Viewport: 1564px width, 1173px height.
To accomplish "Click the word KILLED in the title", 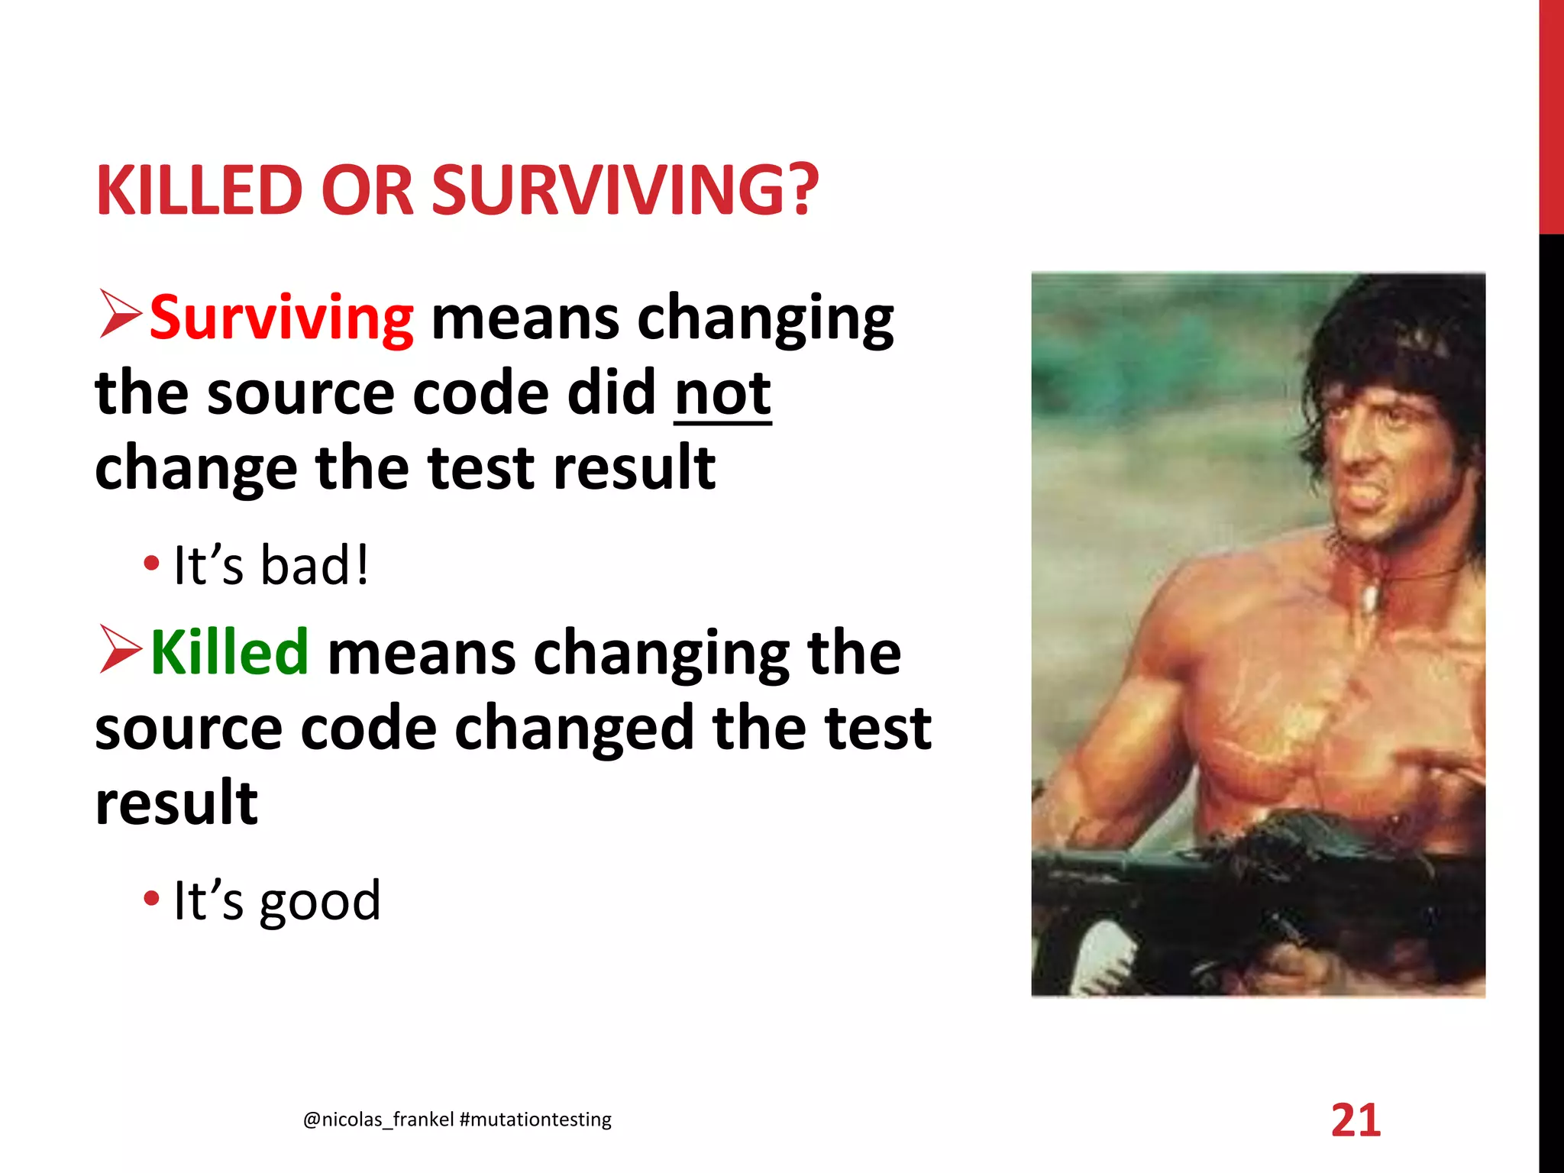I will point(200,191).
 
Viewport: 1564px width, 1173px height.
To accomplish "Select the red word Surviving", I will point(281,318).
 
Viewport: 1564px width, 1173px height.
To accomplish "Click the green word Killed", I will point(229,653).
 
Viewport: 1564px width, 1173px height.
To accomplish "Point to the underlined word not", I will point(722,394).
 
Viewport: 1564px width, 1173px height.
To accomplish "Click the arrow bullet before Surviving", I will point(120,315).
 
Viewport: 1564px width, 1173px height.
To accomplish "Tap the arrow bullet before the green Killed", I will point(120,650).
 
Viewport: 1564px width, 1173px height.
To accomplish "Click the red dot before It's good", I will point(151,898).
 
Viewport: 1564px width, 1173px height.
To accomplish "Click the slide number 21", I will point(1356,1120).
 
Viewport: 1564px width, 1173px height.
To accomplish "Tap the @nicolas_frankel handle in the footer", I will point(379,1120).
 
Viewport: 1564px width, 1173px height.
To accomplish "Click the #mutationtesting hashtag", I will point(535,1120).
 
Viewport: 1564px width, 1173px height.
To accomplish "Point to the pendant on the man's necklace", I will point(1369,596).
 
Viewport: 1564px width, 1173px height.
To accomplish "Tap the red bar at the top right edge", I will point(1551,115).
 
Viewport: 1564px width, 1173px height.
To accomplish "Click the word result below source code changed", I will point(176,803).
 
